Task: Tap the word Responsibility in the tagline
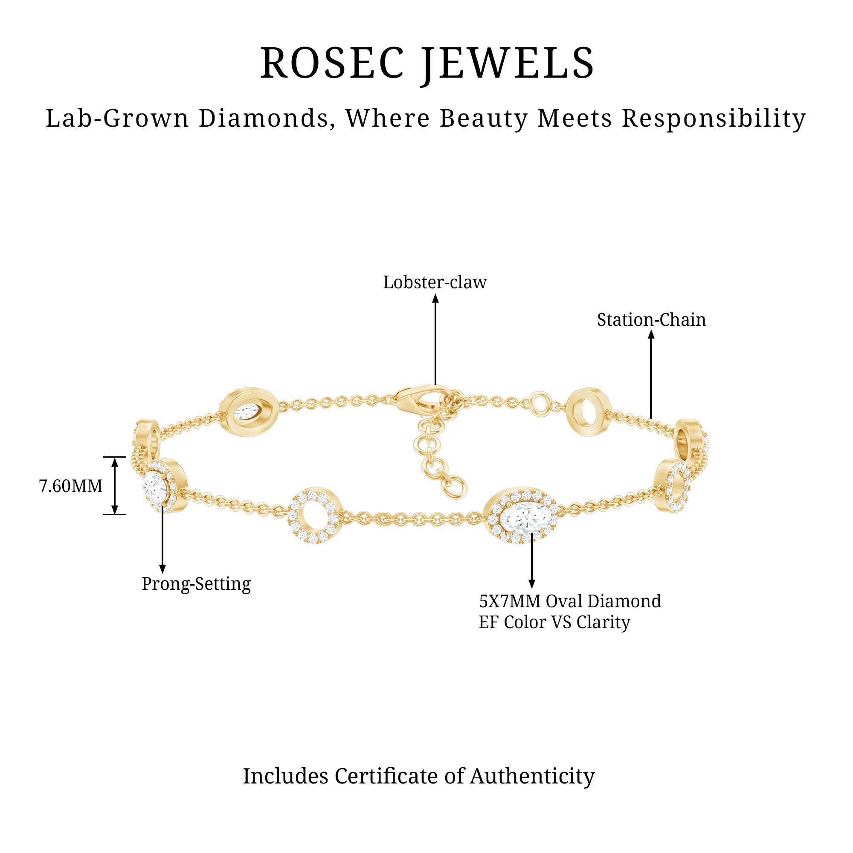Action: point(714,119)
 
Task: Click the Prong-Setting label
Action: point(196,584)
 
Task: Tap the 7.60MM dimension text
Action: point(71,486)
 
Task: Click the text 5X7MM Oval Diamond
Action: point(570,601)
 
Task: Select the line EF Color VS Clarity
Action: point(554,623)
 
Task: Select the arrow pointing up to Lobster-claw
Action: point(435,340)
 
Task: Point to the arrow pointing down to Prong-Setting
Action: point(162,540)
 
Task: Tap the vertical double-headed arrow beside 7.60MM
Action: point(115,486)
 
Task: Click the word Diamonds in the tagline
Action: point(266,119)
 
